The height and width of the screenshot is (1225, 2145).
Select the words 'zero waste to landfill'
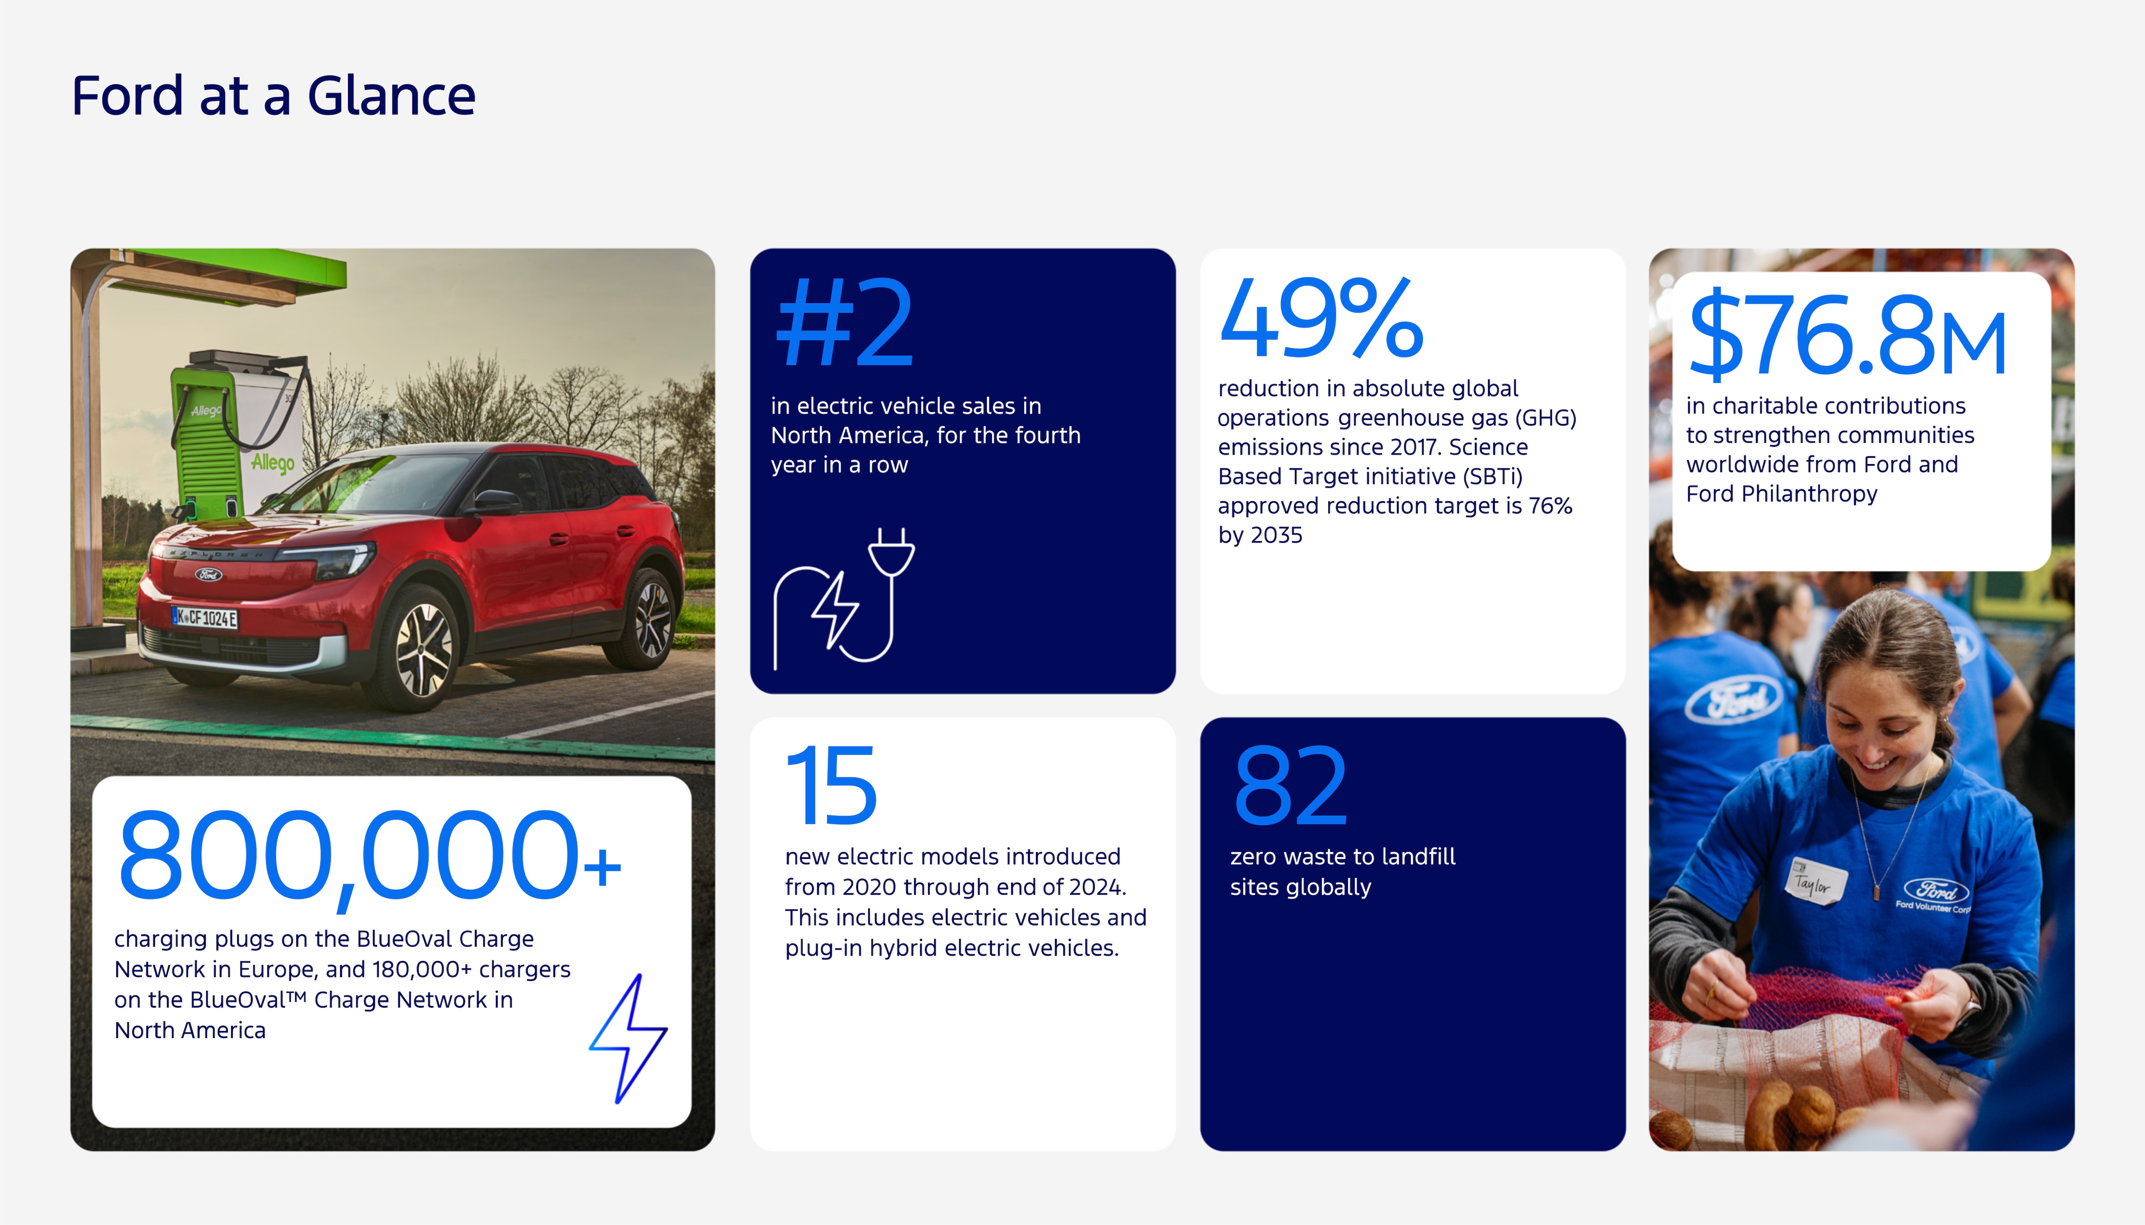[1342, 857]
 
